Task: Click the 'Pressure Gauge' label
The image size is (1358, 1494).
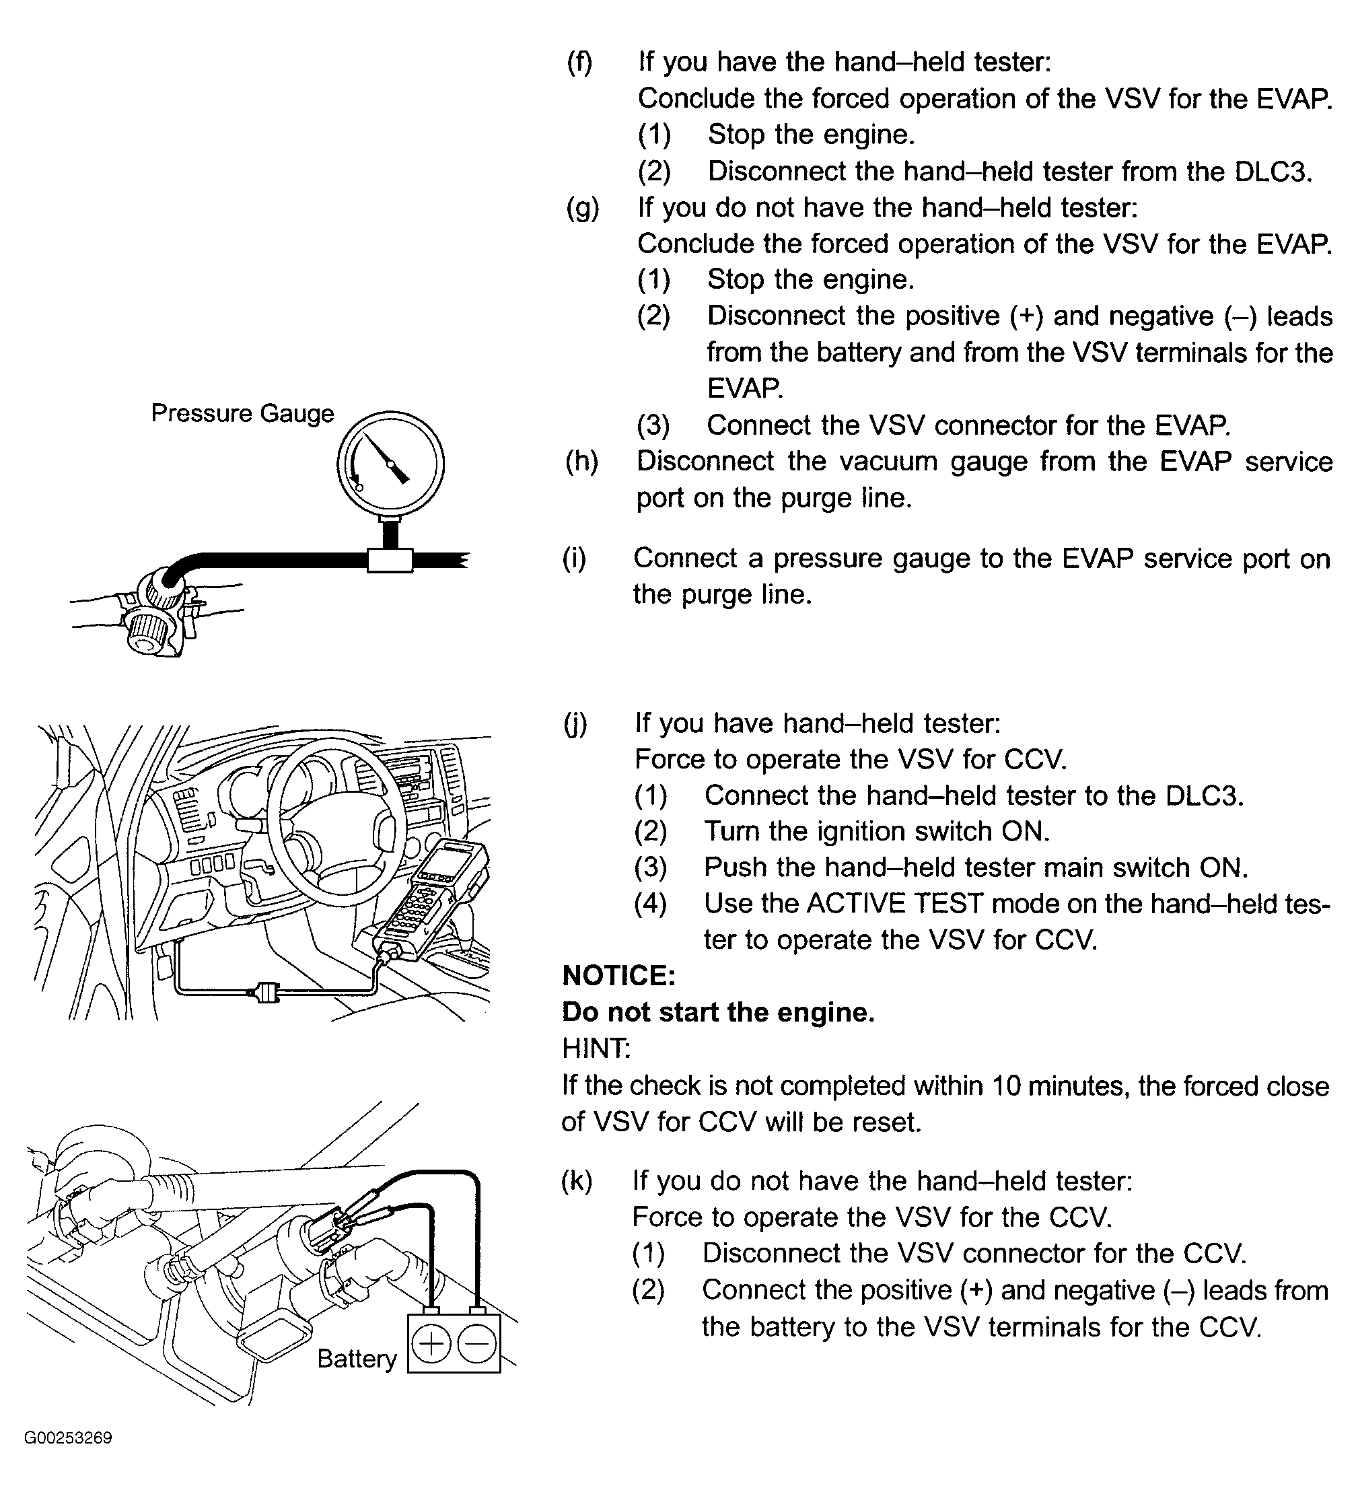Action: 242,413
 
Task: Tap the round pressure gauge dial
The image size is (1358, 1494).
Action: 390,464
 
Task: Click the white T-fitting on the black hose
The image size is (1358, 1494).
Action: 390,559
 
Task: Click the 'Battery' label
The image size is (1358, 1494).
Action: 357,1358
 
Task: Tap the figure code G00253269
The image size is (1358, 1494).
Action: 68,1458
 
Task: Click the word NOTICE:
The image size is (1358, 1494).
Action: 618,976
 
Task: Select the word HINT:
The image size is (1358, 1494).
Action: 596,1048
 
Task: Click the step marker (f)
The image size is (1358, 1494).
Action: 579,61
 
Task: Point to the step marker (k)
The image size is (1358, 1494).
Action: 577,1180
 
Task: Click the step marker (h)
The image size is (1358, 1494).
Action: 581,461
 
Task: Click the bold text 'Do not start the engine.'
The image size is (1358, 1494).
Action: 718,1012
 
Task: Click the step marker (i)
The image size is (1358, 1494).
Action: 573,558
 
